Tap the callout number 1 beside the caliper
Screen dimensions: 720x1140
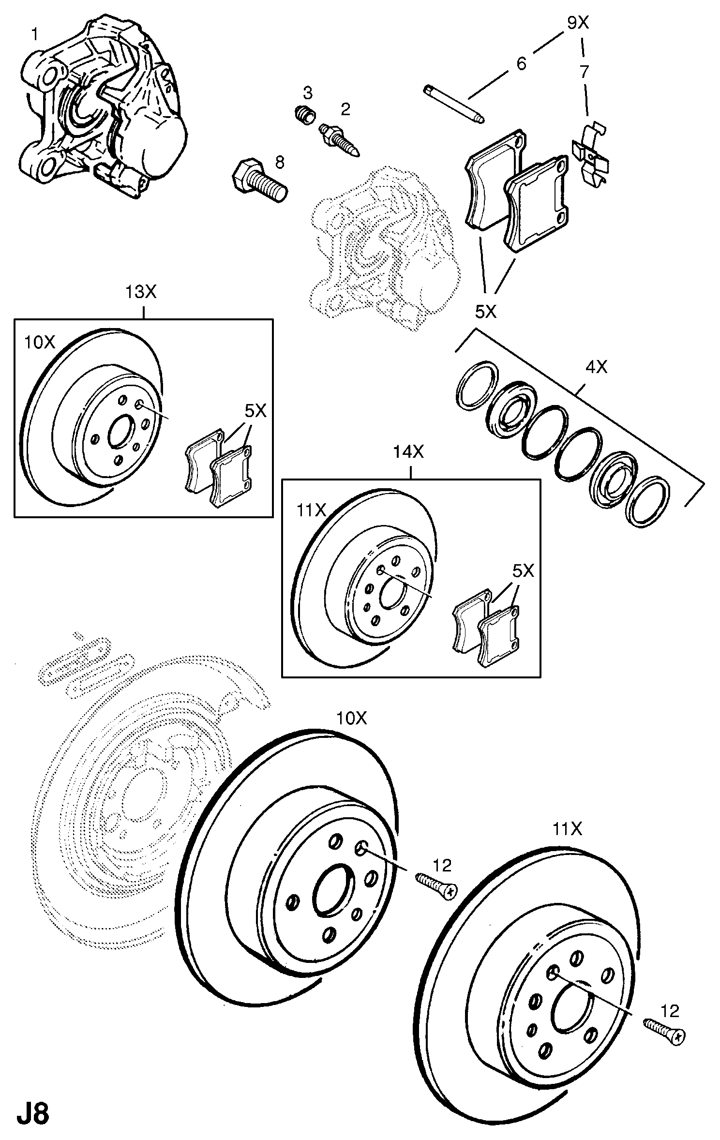[35, 34]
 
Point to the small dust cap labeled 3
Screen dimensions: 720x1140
[305, 116]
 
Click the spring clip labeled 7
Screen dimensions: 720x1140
[589, 152]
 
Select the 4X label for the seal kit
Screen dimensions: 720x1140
[596, 368]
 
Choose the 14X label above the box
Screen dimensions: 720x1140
[408, 452]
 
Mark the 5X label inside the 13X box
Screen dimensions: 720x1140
[255, 411]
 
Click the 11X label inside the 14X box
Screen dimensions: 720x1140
[311, 510]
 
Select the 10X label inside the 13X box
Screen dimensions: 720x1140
[40, 342]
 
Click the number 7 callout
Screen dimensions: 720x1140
[585, 72]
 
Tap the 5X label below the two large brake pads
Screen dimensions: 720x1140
[486, 312]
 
